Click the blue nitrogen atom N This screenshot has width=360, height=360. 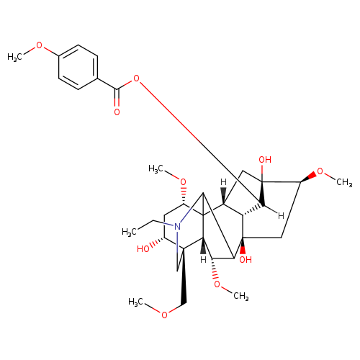coord(177,227)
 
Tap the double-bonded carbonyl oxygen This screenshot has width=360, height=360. coord(117,112)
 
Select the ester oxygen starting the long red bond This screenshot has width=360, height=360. coord(136,78)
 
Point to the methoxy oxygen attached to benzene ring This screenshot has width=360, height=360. coord(39,45)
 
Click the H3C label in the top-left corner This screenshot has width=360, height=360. coord(14,58)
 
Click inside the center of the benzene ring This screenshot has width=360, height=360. coord(78,67)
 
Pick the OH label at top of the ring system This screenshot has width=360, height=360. coord(265,160)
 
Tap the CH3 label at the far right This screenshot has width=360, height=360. coord(344,182)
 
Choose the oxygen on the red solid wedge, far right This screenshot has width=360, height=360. coord(320,171)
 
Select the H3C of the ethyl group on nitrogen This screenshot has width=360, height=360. coord(129,232)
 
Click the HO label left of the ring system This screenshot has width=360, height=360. coord(143,249)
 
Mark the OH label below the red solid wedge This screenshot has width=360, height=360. coord(246,259)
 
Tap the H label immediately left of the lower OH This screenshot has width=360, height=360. coord(204,259)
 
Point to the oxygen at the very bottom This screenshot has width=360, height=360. coord(164,315)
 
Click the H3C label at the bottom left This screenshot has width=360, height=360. coord(135,302)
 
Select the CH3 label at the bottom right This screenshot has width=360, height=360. coord(241,296)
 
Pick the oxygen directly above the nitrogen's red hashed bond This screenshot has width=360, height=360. coord(183,182)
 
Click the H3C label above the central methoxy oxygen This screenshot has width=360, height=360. coord(156,168)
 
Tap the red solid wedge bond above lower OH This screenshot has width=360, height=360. coord(243,246)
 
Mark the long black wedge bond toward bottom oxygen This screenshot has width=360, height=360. coord(184,277)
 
